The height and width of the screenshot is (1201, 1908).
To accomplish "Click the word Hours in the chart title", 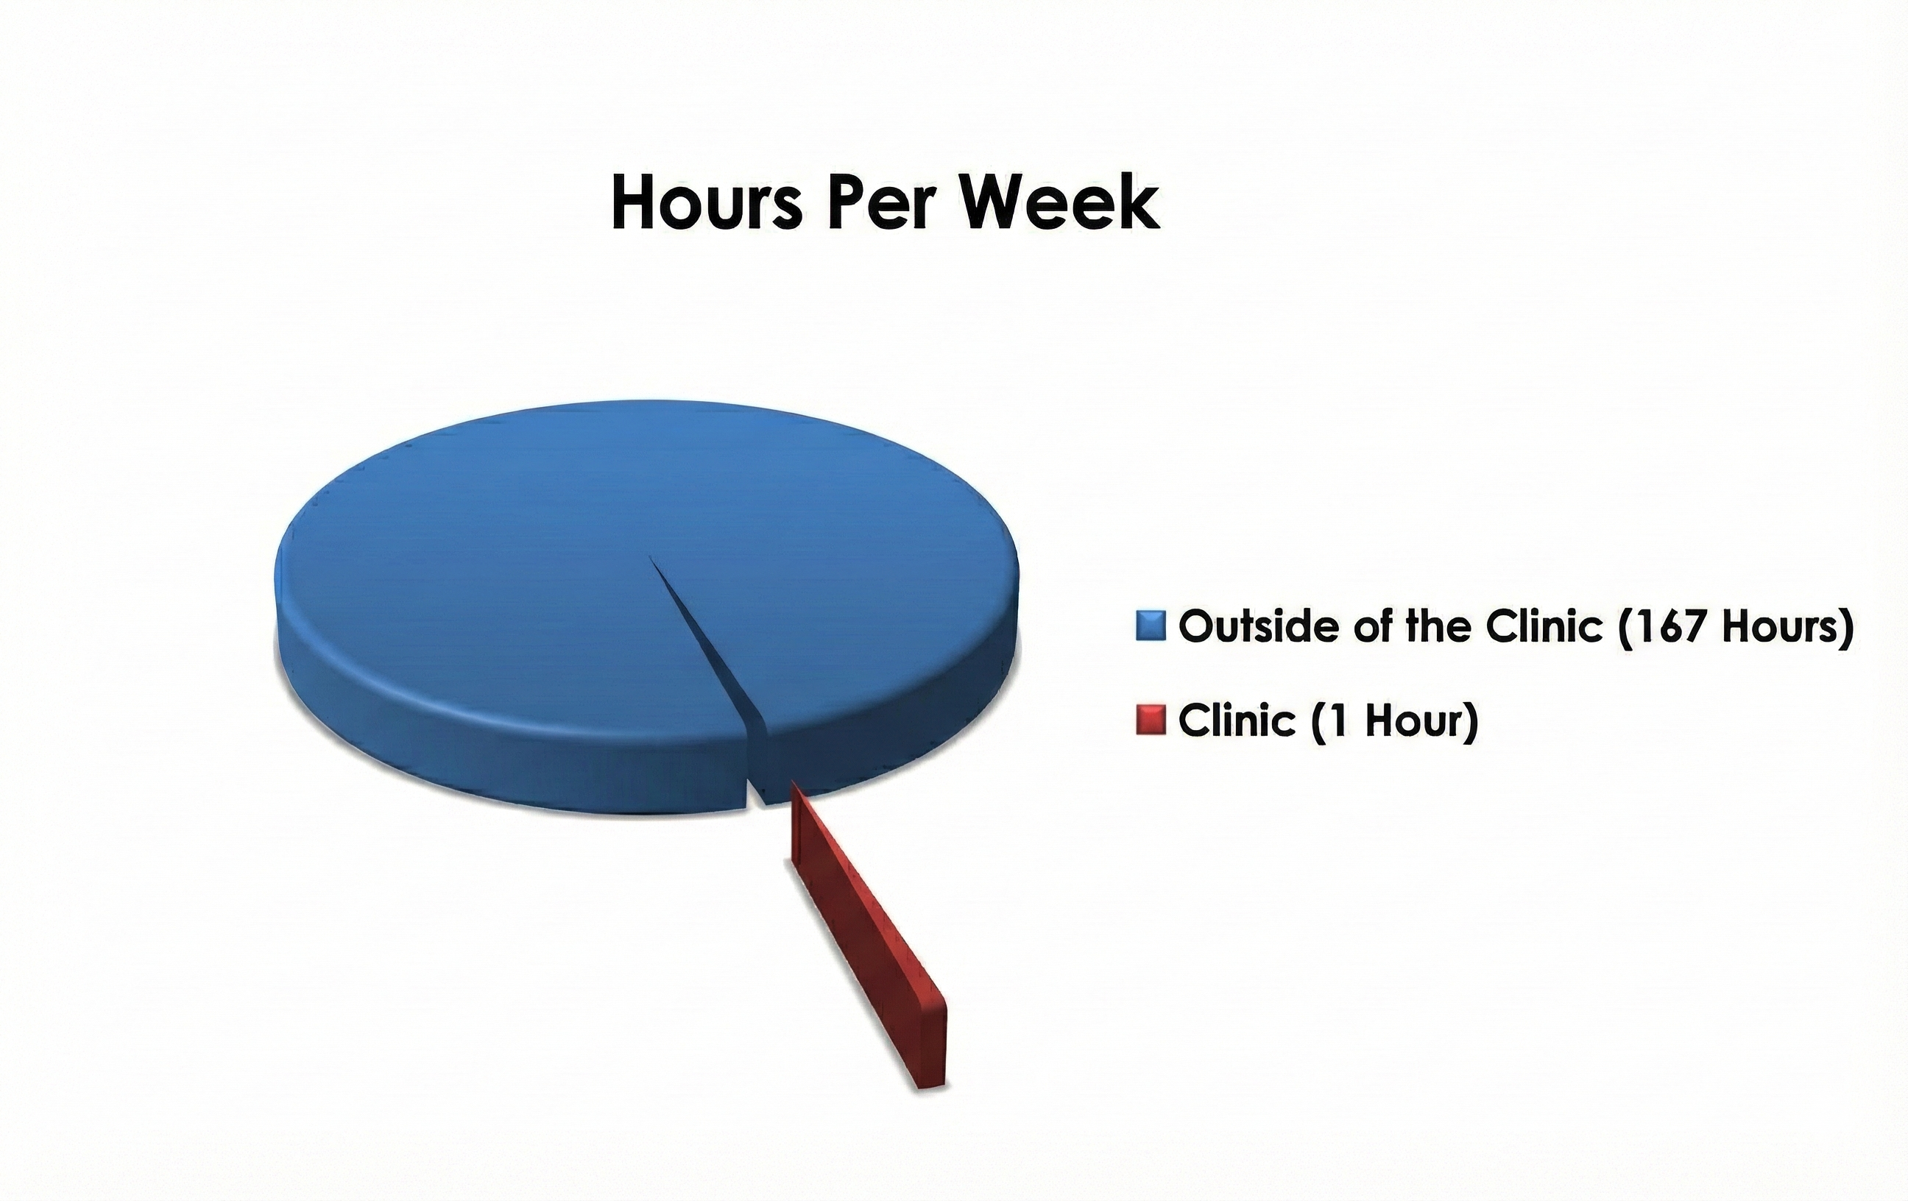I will tap(707, 203).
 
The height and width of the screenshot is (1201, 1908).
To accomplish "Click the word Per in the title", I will tap(880, 203).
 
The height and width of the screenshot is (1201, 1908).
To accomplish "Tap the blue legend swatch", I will tap(1151, 625).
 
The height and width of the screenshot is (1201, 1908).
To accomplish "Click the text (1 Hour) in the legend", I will tap(1394, 721).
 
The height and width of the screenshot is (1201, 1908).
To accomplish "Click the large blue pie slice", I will tap(554, 594).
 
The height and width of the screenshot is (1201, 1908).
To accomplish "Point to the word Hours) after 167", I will tap(1791, 626).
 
